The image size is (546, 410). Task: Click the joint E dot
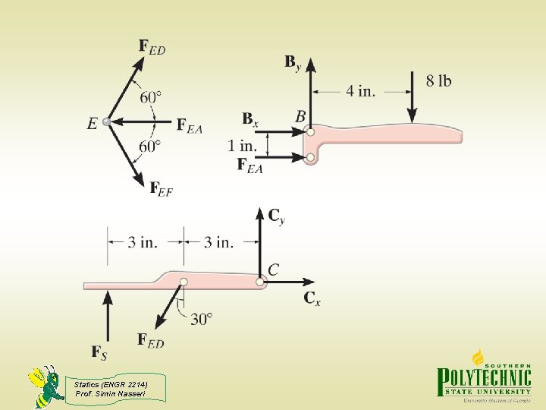[107, 121]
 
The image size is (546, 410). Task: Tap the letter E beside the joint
[92, 123]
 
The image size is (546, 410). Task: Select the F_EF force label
[161, 188]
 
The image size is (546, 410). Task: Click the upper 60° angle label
[151, 97]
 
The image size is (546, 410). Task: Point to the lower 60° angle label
[150, 146]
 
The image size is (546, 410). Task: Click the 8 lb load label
[438, 80]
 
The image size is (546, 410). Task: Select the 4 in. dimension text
[360, 91]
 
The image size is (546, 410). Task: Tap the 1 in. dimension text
[243, 144]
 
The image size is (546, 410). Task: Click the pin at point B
[310, 132]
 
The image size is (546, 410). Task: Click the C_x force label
[312, 298]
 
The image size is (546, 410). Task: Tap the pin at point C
[260, 282]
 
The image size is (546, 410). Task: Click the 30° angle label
[201, 319]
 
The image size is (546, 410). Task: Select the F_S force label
[99, 352]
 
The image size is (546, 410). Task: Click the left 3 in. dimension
[143, 242]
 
